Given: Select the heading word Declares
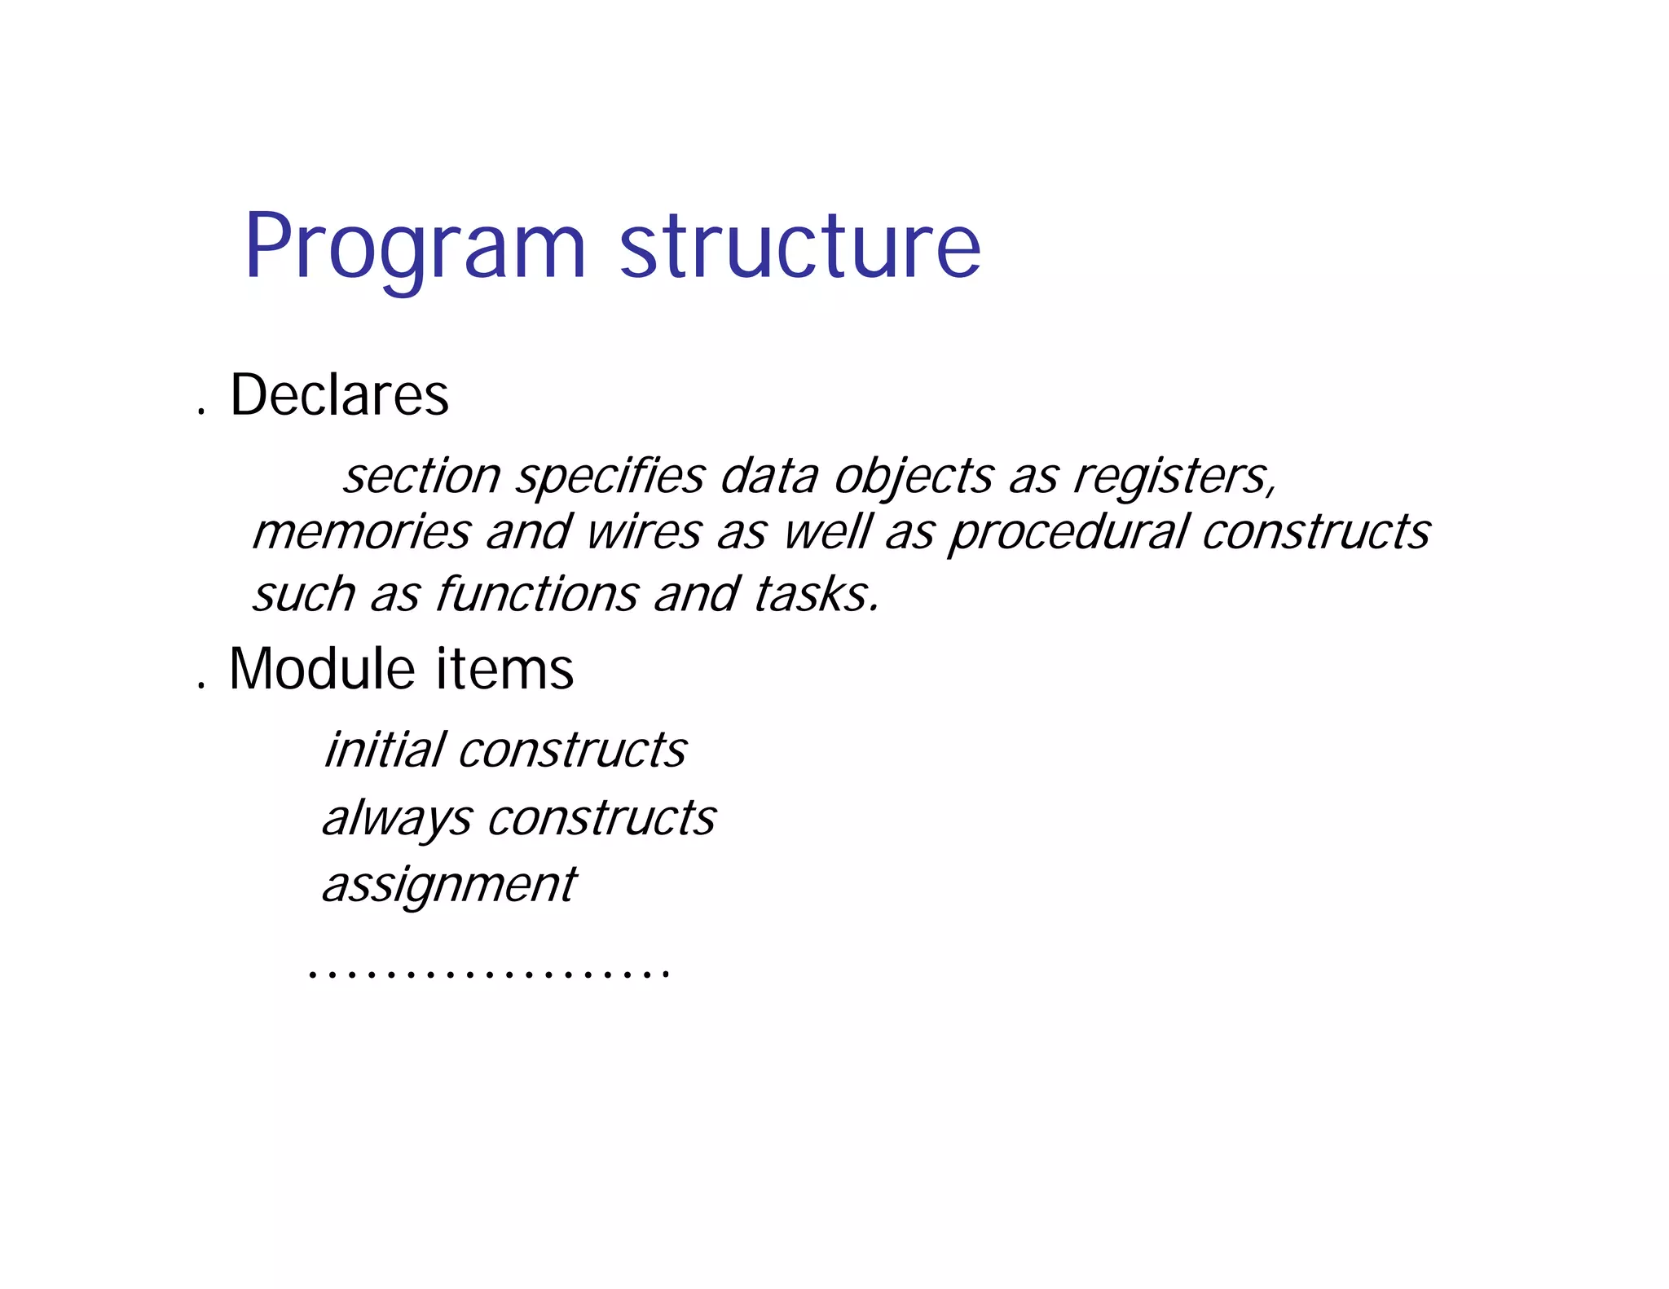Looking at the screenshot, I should [339, 395].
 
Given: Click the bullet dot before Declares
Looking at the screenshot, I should [200, 411].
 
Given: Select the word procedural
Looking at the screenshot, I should [1068, 534].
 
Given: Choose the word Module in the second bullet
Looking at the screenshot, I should [323, 669].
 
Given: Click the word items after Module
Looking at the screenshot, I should [504, 669].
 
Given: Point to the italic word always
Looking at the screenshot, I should [397, 819].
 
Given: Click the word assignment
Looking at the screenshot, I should [449, 886].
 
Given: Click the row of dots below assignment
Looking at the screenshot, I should [489, 973].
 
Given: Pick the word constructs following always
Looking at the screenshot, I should [601, 818].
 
